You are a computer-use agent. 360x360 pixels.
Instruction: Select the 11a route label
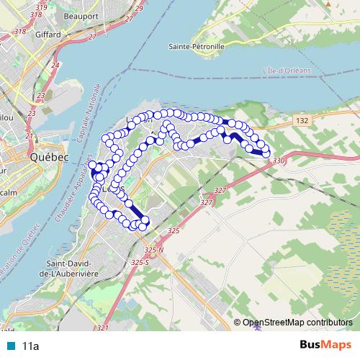pos(30,346)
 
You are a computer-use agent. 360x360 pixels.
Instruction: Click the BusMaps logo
pos(325,346)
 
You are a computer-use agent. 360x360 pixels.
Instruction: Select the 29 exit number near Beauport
pos(138,7)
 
